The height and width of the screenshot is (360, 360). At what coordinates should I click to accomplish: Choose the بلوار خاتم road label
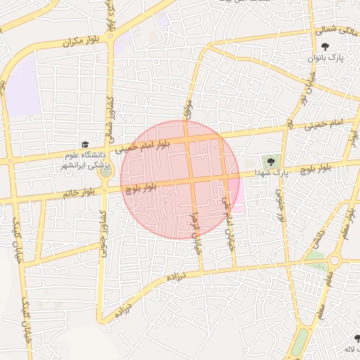[x=77, y=193]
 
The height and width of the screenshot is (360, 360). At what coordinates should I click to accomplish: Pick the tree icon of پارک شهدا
[x=271, y=162]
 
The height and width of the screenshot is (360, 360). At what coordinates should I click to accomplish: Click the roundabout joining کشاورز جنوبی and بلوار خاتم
[x=105, y=188]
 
